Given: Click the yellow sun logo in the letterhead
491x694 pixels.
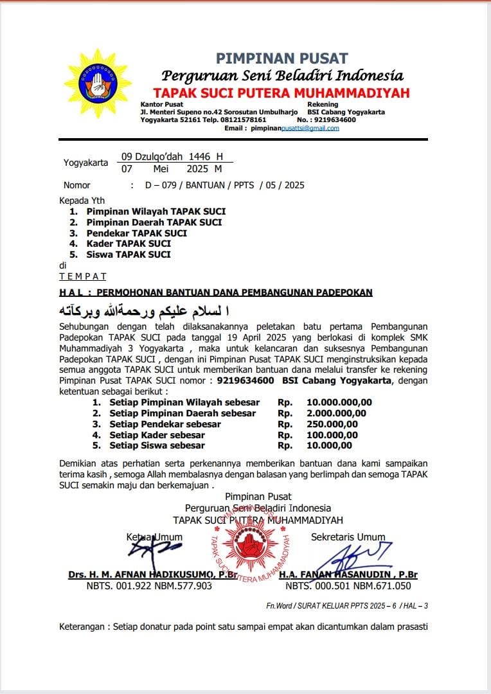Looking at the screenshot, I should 98,83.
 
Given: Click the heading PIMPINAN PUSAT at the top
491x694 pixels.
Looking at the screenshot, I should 281,58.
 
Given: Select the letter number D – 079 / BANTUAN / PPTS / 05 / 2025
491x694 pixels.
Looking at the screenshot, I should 224,185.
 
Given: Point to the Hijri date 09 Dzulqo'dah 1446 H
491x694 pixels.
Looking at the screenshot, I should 172,156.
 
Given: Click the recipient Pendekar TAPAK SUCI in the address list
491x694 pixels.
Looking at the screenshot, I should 137,233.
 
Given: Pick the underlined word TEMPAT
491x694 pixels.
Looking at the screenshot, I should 83,276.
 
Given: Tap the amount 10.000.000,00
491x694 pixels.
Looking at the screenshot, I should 339,402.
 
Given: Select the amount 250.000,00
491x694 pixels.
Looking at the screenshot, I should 332,424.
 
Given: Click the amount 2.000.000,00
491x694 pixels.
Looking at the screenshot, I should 336,413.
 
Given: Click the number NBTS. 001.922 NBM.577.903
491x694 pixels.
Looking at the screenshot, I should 149,585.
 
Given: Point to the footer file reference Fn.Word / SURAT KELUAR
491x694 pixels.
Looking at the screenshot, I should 347,605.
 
